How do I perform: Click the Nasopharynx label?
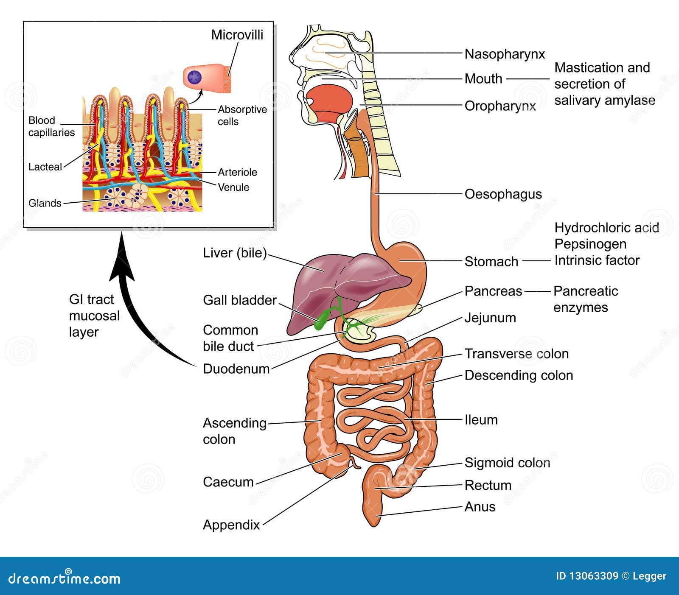[x=505, y=54]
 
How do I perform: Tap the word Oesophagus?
[x=503, y=194]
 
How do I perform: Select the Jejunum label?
[x=490, y=318]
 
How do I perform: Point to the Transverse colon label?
[x=516, y=354]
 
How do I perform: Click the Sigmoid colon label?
[x=507, y=463]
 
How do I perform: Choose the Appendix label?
[x=231, y=525]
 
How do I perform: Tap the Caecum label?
[x=228, y=482]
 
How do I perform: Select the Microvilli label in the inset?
[x=237, y=35]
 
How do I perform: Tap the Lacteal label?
[x=45, y=167]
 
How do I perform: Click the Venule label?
[x=233, y=187]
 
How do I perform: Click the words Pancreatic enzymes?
[x=585, y=299]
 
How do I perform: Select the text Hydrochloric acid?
[x=606, y=228]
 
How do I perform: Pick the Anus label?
[x=480, y=507]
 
